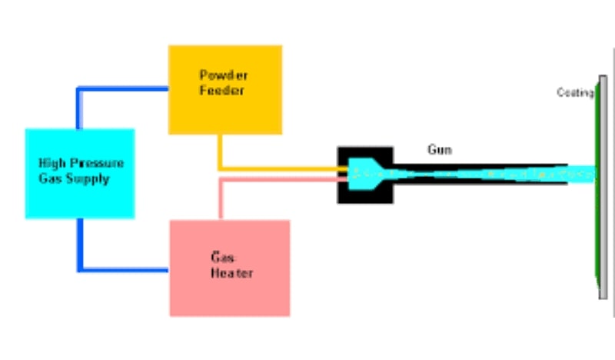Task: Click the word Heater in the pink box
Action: [231, 273]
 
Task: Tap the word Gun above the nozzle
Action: [439, 151]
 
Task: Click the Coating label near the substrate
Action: [574, 93]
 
